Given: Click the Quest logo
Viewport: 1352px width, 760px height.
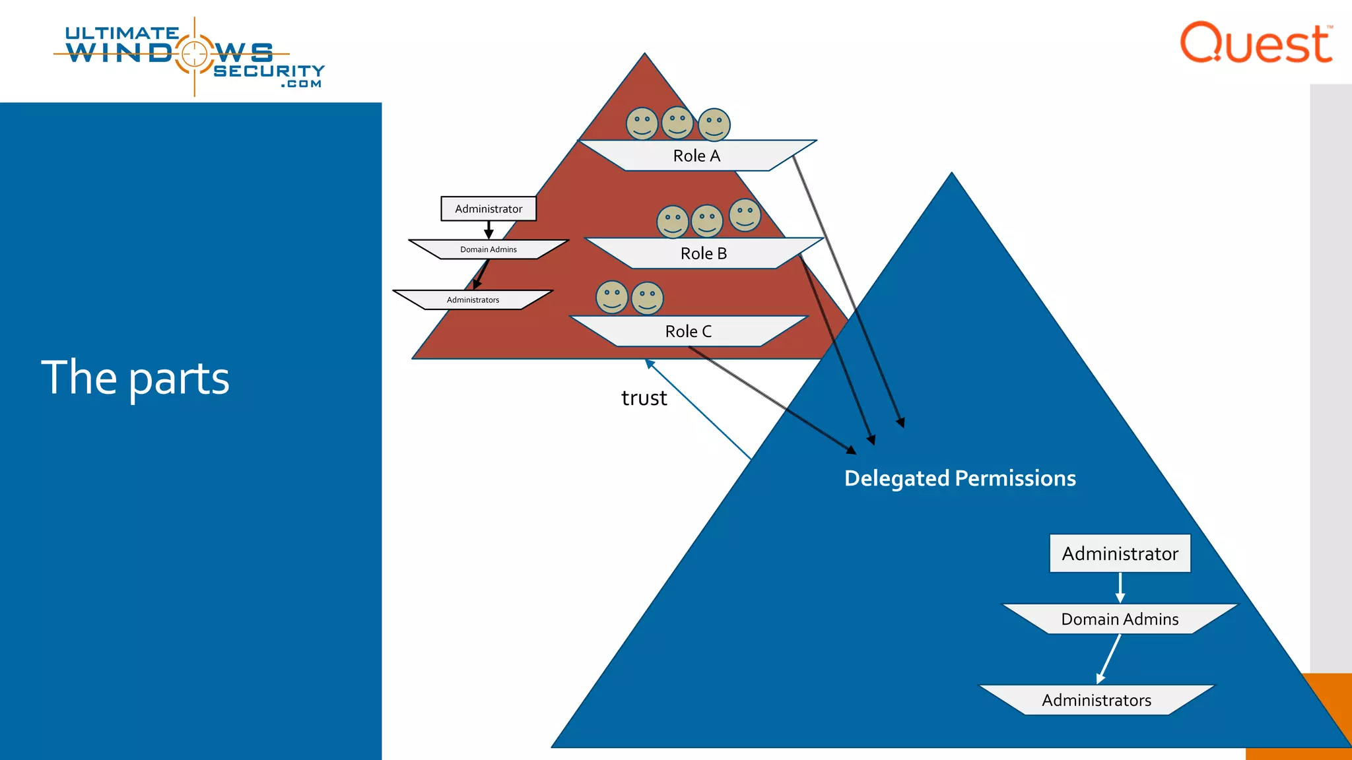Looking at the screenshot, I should tap(1256, 44).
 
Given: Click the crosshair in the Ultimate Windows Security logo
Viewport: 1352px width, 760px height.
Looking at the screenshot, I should tap(194, 54).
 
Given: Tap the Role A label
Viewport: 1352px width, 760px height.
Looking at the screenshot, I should tap(696, 156).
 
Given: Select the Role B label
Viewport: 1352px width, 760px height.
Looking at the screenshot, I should tap(703, 253).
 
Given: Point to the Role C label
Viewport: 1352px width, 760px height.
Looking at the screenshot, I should tap(688, 331).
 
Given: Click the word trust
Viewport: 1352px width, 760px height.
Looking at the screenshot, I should tap(644, 398).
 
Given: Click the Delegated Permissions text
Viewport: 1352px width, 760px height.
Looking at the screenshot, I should tap(960, 478).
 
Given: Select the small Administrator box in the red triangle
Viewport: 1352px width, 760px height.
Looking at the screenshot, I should tap(489, 208).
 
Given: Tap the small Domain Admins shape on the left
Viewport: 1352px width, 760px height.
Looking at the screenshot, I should tap(489, 249).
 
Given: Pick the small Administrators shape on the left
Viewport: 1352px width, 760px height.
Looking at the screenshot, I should tap(473, 300).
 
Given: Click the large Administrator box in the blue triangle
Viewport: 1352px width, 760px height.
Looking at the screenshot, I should tap(1120, 554).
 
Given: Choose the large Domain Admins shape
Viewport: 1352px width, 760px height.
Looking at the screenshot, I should tap(1120, 619).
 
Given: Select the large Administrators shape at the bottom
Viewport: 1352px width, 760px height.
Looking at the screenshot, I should tap(1096, 700).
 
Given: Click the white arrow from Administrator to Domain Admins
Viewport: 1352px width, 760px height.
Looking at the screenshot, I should tap(1120, 587).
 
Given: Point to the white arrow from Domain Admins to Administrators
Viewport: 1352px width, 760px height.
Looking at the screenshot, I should tap(1109, 658).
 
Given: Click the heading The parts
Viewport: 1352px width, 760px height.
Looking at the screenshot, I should tap(135, 378).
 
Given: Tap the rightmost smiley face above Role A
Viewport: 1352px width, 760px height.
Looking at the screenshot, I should tap(714, 125).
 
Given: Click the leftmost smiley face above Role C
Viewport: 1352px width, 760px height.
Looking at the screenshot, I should tap(612, 297).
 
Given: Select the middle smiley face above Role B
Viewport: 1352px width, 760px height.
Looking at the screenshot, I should tap(706, 220).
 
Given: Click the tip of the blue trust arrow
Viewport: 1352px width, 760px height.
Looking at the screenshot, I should tap(647, 361).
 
